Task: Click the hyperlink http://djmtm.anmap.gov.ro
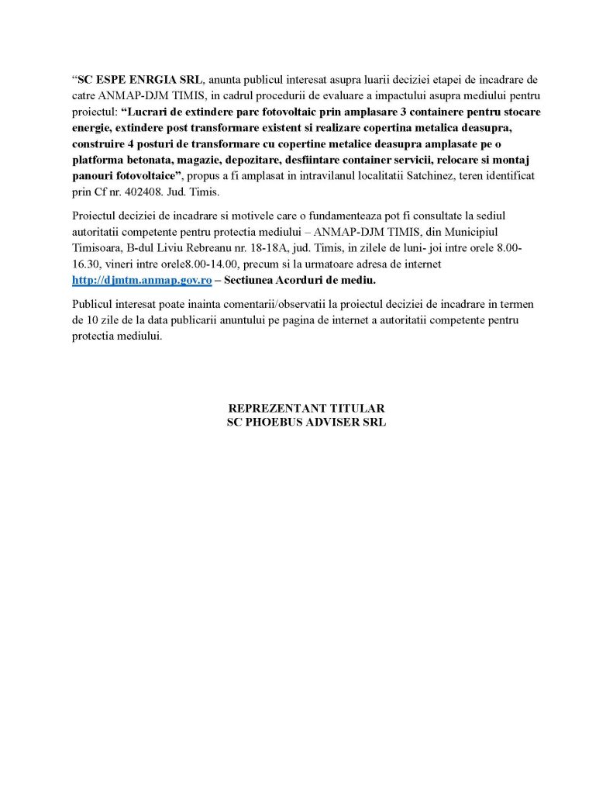[x=142, y=280]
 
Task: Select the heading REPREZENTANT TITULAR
[x=306, y=408]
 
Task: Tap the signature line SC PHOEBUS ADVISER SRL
[x=306, y=422]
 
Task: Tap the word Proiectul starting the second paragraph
[x=96, y=214]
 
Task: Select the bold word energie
[x=93, y=127]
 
